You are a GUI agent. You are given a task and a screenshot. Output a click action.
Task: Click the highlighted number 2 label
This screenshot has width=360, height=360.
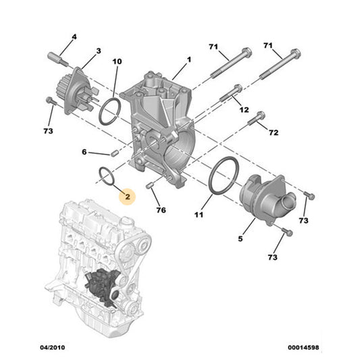point(126,196)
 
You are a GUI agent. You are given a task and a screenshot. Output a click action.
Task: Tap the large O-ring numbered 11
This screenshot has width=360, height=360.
point(222,177)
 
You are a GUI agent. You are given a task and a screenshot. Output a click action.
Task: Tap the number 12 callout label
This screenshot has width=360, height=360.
point(244,110)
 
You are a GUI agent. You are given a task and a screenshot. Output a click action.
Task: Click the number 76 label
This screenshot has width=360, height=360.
point(161,210)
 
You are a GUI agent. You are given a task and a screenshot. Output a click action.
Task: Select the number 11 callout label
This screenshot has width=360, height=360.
point(199,215)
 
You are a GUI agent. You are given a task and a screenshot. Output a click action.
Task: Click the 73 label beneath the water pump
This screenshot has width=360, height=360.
point(49,130)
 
